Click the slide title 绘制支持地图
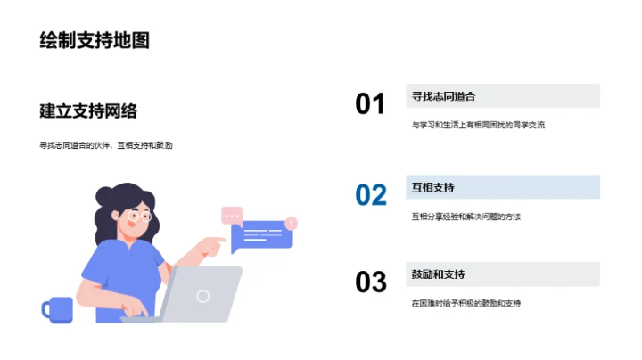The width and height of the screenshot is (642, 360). [x=94, y=40]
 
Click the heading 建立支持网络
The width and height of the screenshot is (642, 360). [x=88, y=110]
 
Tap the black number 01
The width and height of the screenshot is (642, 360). [x=370, y=104]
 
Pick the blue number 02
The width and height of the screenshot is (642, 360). [x=370, y=194]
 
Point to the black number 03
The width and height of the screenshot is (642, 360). [x=370, y=282]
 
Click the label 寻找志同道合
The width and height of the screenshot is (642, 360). [x=443, y=96]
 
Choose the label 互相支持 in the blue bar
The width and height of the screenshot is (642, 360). [x=433, y=187]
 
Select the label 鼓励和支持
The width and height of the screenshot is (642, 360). [x=438, y=274]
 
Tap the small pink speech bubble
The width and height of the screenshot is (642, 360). [x=232, y=215]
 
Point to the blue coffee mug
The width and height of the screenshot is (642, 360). [x=57, y=309]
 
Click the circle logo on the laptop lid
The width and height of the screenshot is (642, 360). [x=203, y=295]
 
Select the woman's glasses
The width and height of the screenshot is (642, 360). [x=138, y=216]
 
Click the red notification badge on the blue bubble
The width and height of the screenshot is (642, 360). [x=292, y=223]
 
